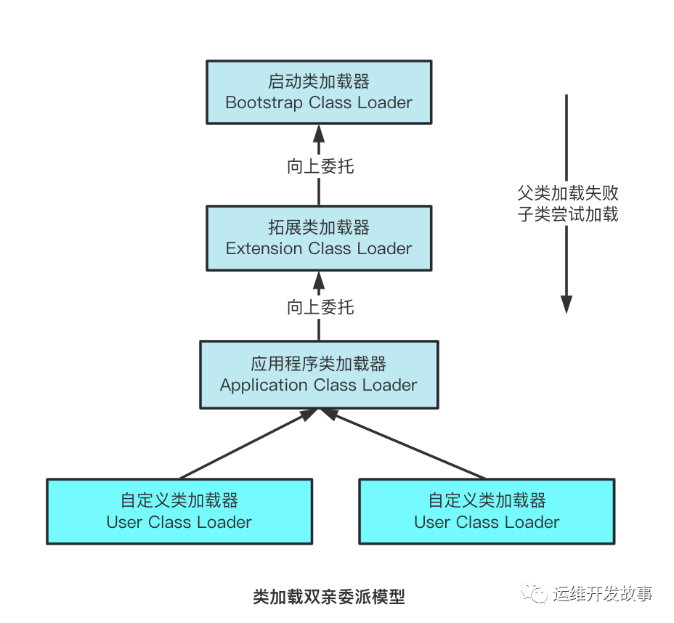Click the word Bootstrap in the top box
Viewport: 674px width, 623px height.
[264, 102]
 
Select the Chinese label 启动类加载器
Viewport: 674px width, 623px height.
[319, 81]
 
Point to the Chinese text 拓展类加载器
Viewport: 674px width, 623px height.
[319, 227]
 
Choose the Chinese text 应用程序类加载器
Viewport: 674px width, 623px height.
[319, 364]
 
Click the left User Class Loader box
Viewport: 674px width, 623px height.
[179, 511]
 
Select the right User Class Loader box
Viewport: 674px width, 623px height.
[487, 511]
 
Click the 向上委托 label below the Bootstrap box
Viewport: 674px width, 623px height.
[320, 166]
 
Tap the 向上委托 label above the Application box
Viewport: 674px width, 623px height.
[320, 307]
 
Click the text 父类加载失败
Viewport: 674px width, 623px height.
[567, 194]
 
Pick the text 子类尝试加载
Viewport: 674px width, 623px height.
[567, 215]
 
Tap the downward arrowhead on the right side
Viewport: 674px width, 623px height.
[567, 304]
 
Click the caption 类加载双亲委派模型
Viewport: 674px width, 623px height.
[328, 597]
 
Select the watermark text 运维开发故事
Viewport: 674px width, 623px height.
[603, 594]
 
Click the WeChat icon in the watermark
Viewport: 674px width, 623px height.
[537, 594]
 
